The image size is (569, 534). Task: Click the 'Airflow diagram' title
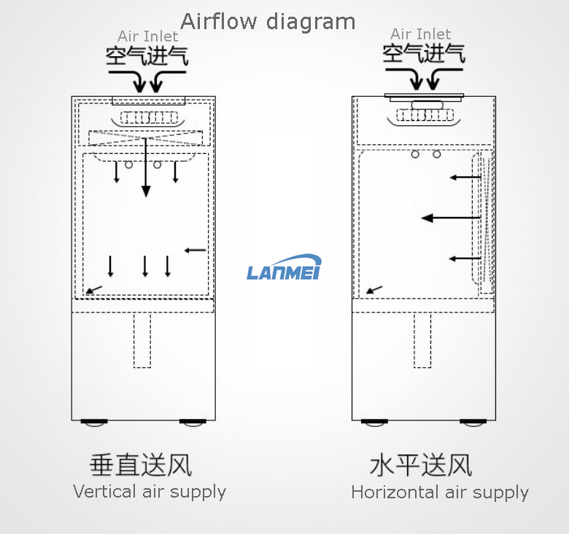(268, 21)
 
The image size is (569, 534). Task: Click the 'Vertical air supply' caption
(150, 492)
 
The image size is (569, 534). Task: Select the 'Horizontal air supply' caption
(440, 492)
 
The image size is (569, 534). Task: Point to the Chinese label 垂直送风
(141, 464)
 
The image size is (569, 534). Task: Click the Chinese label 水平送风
(421, 464)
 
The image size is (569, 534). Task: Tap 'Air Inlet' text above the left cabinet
(147, 36)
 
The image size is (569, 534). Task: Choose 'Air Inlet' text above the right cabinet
(420, 34)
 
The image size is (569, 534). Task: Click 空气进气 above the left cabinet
(147, 56)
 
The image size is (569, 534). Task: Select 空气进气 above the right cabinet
(424, 53)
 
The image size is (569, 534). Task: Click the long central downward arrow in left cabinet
(146, 167)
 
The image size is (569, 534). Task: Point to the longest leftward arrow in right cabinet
(451, 217)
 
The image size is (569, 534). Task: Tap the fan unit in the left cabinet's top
(149, 118)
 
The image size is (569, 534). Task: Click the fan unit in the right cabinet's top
(425, 114)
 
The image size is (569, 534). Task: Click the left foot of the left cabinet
(93, 423)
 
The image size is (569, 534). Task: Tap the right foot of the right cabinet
(474, 423)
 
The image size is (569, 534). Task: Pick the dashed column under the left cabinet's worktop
(142, 340)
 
